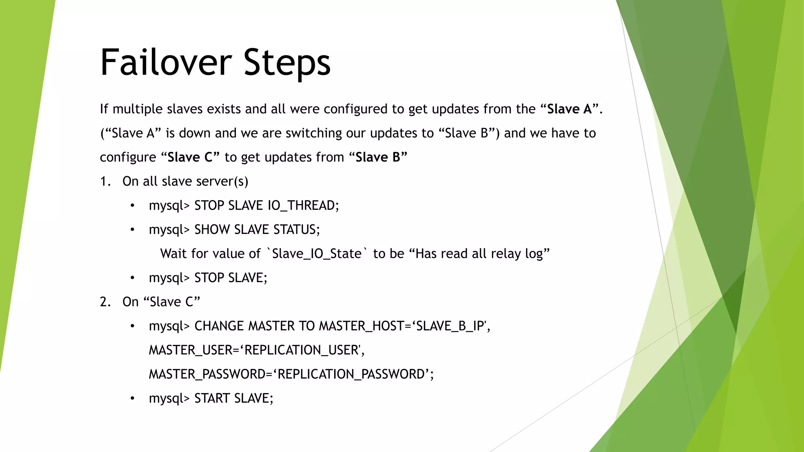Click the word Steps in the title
pyautogui.click(x=287, y=63)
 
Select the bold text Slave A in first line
pyautogui.click(x=569, y=109)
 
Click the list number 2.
pyautogui.click(x=105, y=302)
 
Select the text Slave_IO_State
pyautogui.click(x=316, y=254)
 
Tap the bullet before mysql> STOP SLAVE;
pyautogui.click(x=133, y=278)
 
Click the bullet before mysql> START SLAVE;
pyautogui.click(x=133, y=399)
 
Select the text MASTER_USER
pyautogui.click(x=190, y=350)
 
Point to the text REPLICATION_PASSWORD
pyautogui.click(x=351, y=374)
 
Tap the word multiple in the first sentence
pyautogui.click(x=138, y=109)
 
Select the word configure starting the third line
pyautogui.click(x=128, y=157)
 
